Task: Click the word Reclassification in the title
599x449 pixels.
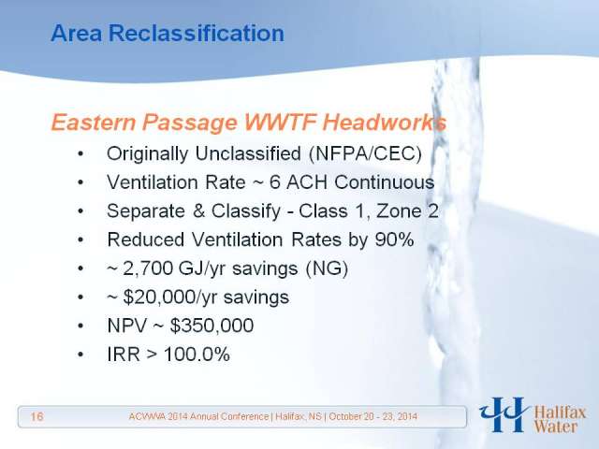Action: pyautogui.click(x=197, y=33)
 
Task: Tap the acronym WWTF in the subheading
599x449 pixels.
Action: pyautogui.click(x=281, y=123)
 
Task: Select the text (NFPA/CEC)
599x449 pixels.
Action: pyautogui.click(x=366, y=153)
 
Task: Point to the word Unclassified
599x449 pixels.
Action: pyautogui.click(x=248, y=153)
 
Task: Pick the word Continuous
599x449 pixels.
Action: pyautogui.click(x=385, y=182)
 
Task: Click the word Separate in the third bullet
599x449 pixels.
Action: pyautogui.click(x=146, y=210)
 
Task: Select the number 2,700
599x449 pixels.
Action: pyautogui.click(x=148, y=268)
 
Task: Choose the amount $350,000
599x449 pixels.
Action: pyautogui.click(x=212, y=326)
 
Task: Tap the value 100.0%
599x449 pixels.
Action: pyautogui.click(x=197, y=354)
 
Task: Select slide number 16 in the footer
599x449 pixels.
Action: pyautogui.click(x=37, y=416)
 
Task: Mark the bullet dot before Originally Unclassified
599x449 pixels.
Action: pyautogui.click(x=80, y=154)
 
